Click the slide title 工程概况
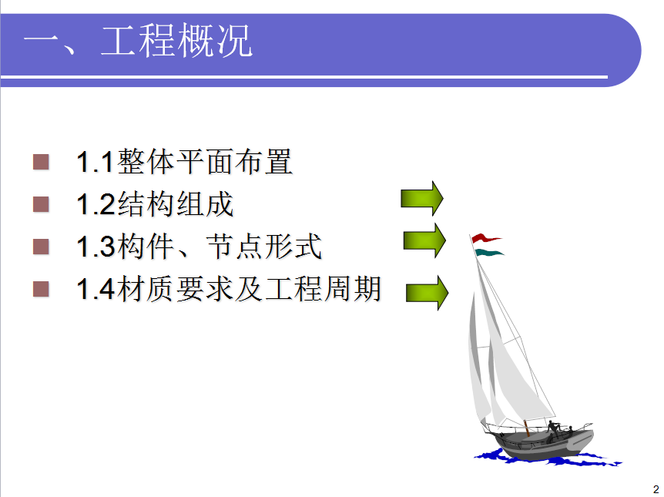point(176,41)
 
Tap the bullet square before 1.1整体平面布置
point(41,162)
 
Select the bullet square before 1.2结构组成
point(41,203)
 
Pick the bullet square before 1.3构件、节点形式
point(41,246)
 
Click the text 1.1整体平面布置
point(184,162)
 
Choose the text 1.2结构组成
point(155,203)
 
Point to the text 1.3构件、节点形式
point(199,246)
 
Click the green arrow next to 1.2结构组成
point(422,198)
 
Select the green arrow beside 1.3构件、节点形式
point(424,240)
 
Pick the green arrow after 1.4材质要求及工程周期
point(427,292)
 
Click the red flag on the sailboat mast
point(486,238)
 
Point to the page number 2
point(656,489)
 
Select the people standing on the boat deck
point(559,430)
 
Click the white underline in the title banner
point(304,77)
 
